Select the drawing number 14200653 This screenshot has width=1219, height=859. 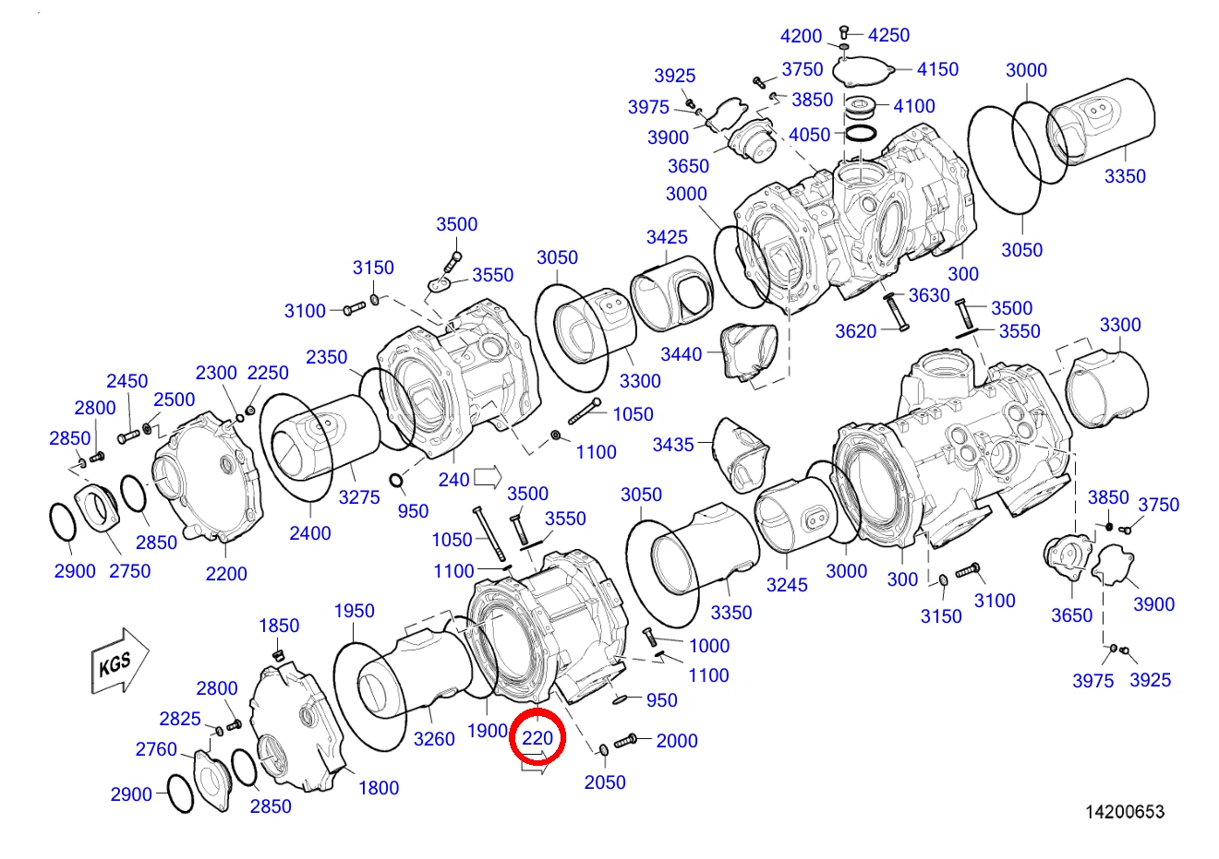tap(1125, 812)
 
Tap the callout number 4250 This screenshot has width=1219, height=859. tap(888, 35)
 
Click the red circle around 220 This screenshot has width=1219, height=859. tap(537, 736)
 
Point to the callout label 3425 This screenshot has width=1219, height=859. tap(667, 237)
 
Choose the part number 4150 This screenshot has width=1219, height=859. tap(937, 69)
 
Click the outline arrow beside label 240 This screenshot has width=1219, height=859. tap(488, 477)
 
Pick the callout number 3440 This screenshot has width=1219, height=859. tap(682, 354)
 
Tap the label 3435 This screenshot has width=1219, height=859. tap(673, 445)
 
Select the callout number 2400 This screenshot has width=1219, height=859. tap(310, 533)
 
